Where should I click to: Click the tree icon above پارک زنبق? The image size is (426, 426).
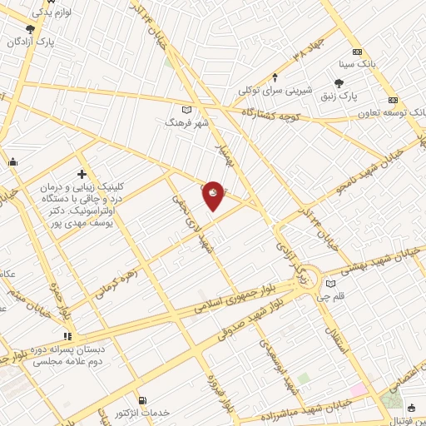(338, 83)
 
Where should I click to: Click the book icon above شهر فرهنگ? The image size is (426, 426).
(186, 110)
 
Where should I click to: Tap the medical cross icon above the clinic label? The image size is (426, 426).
(82, 174)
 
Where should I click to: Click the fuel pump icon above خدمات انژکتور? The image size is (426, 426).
(142, 401)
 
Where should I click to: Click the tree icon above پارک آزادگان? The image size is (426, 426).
(30, 29)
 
